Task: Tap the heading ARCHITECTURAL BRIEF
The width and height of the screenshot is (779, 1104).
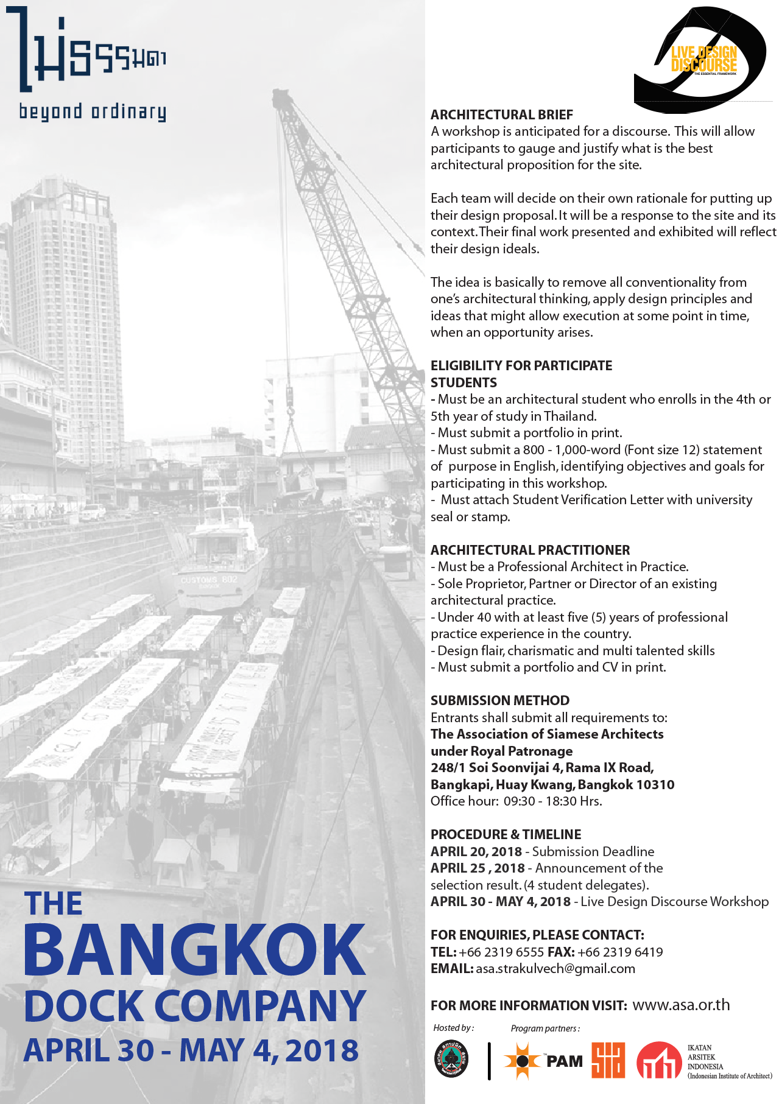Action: pyautogui.click(x=501, y=114)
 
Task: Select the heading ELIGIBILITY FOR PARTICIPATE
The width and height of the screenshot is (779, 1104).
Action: pyautogui.click(x=521, y=365)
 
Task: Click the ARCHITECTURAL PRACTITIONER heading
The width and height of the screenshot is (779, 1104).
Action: pyautogui.click(x=530, y=550)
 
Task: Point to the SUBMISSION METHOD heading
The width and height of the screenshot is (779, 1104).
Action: pyautogui.click(x=499, y=700)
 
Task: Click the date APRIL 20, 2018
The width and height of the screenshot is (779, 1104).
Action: pyautogui.click(x=476, y=851)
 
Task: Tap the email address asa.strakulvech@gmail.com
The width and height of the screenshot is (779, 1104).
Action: pyautogui.click(x=555, y=968)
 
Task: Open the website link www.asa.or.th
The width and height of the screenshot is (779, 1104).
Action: pyautogui.click(x=680, y=1005)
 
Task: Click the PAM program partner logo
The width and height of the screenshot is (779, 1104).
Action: pyautogui.click(x=543, y=1061)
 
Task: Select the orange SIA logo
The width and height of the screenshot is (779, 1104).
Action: pyautogui.click(x=608, y=1060)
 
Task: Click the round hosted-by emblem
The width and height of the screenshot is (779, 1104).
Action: pyautogui.click(x=451, y=1060)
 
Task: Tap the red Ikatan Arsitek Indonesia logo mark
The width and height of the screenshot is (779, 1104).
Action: pyautogui.click(x=658, y=1060)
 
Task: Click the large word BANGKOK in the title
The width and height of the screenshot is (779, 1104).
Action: pyautogui.click(x=194, y=950)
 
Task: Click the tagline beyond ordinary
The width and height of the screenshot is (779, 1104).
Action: pyautogui.click(x=92, y=112)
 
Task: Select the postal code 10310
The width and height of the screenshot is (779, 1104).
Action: pyautogui.click(x=655, y=784)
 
